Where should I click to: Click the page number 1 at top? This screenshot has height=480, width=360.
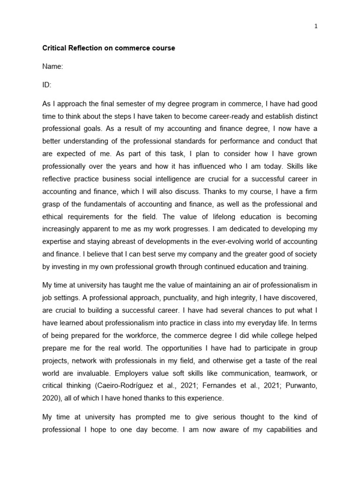point(316,27)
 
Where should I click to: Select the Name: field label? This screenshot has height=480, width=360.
point(52,67)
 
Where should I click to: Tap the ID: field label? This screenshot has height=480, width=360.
point(47,85)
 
